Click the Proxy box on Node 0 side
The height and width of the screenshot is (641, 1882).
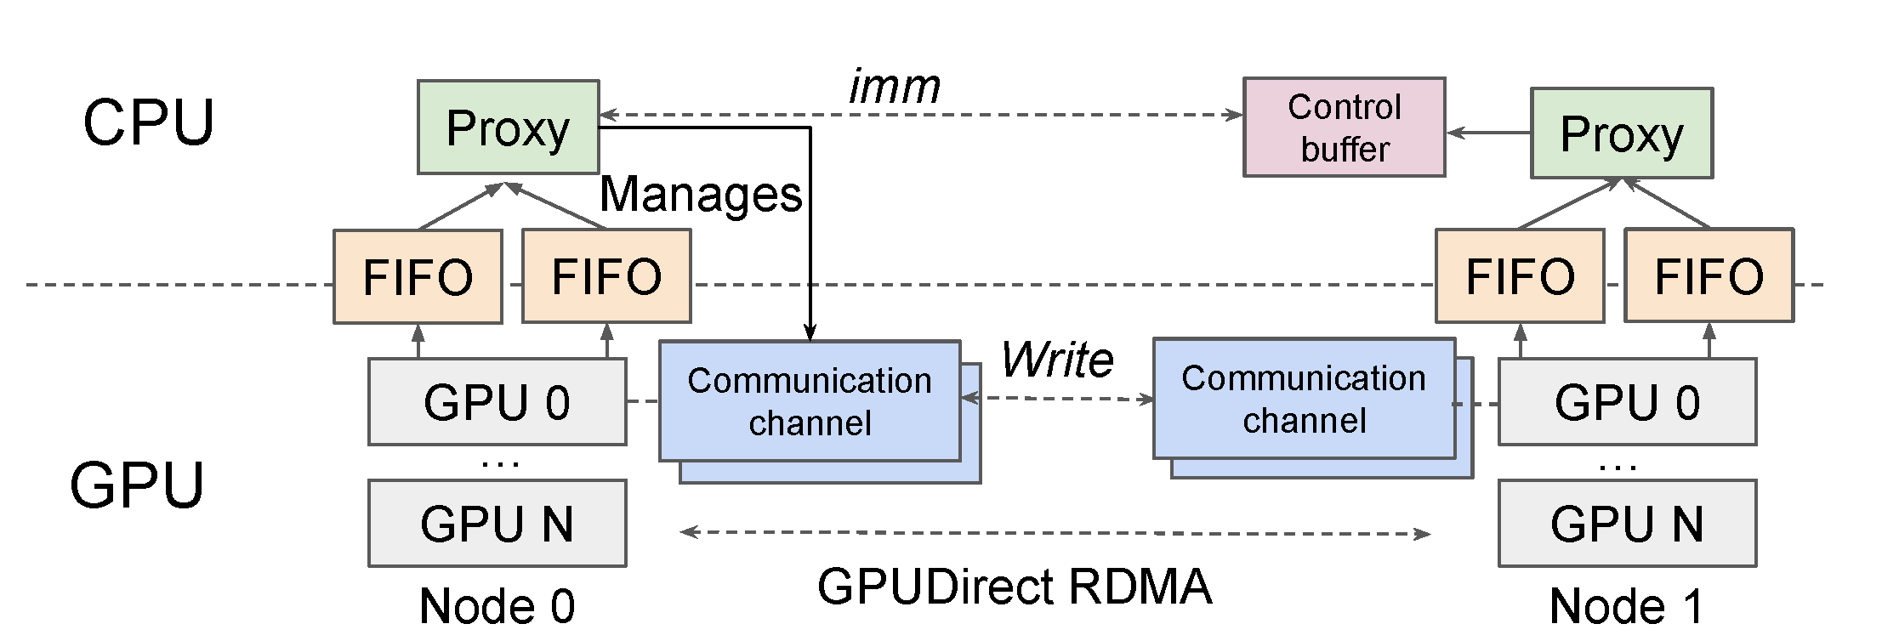coord(508,128)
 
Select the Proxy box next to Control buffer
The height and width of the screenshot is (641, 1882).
coord(1621,133)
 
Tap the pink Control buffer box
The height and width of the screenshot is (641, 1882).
coord(1344,128)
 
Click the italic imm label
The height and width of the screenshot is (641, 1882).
coord(894,87)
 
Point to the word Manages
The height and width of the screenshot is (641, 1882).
coord(701,195)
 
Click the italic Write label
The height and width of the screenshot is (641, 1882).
coord(1057,360)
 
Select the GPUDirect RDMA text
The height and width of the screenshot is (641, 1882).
coord(1014,587)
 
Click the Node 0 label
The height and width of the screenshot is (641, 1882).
coord(497,605)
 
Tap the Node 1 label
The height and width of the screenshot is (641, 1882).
coord(1625,605)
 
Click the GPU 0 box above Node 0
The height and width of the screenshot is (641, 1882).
coord(497,402)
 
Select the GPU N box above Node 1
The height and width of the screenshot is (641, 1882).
coord(1626,524)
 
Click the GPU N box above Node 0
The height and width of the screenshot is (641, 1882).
coord(497,524)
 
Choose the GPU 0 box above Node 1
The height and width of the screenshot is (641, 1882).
coord(1626,402)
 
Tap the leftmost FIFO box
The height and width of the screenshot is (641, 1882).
coord(418,277)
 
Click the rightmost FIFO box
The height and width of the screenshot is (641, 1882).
coord(1709,276)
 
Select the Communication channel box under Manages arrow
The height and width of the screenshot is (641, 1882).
coord(810,401)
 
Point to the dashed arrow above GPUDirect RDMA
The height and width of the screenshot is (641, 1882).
coord(1055,533)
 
